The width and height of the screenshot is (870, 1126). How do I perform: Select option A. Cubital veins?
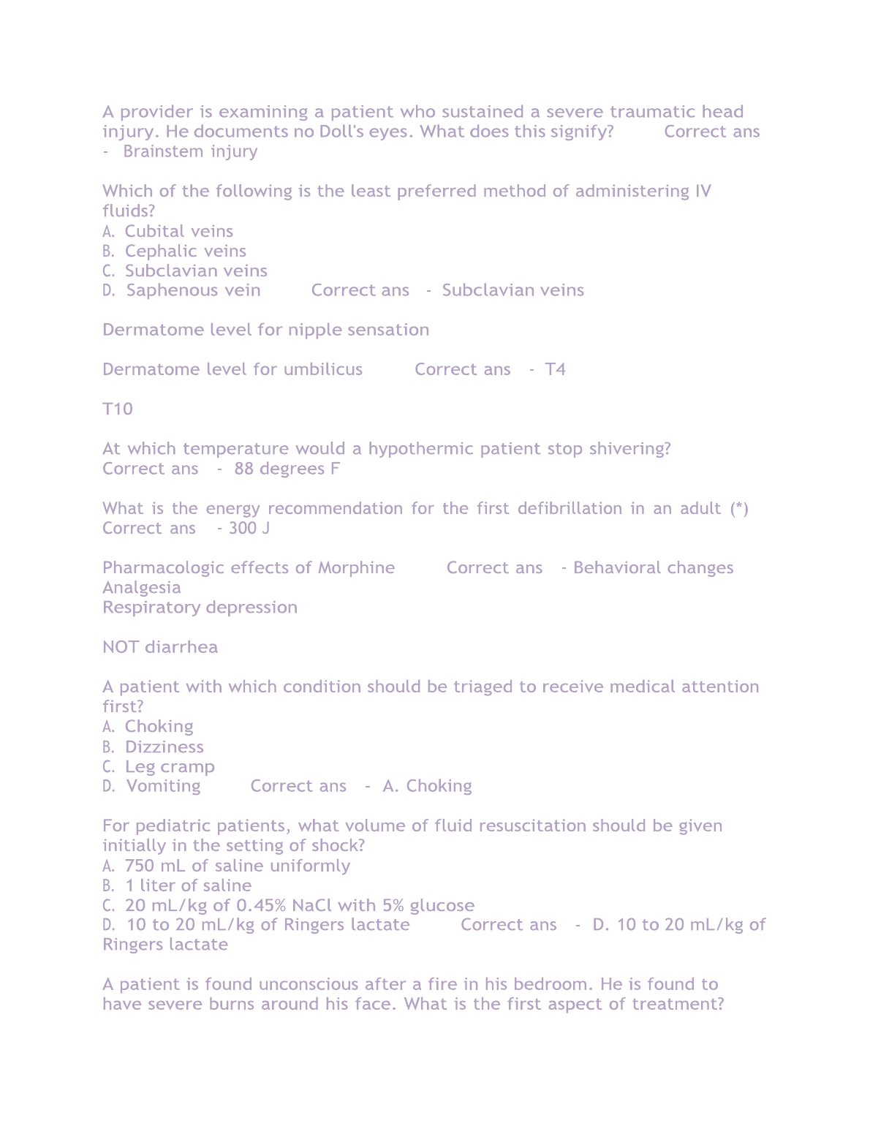click(168, 231)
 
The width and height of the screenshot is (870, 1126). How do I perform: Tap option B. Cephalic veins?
click(175, 251)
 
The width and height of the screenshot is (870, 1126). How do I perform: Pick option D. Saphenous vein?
click(181, 290)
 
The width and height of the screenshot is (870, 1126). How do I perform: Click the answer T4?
click(555, 369)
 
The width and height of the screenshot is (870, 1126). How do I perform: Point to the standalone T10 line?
click(118, 409)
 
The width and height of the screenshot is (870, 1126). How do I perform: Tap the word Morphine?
click(356, 567)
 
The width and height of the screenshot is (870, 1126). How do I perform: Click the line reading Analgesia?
click(142, 588)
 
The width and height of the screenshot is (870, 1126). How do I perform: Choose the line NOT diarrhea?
click(160, 647)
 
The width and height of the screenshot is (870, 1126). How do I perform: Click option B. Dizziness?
click(154, 747)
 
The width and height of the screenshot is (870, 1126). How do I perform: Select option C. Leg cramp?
click(159, 766)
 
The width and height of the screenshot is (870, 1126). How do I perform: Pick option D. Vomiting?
click(152, 786)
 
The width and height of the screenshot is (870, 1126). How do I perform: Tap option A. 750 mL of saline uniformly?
click(227, 866)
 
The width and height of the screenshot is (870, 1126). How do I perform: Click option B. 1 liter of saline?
click(178, 885)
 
